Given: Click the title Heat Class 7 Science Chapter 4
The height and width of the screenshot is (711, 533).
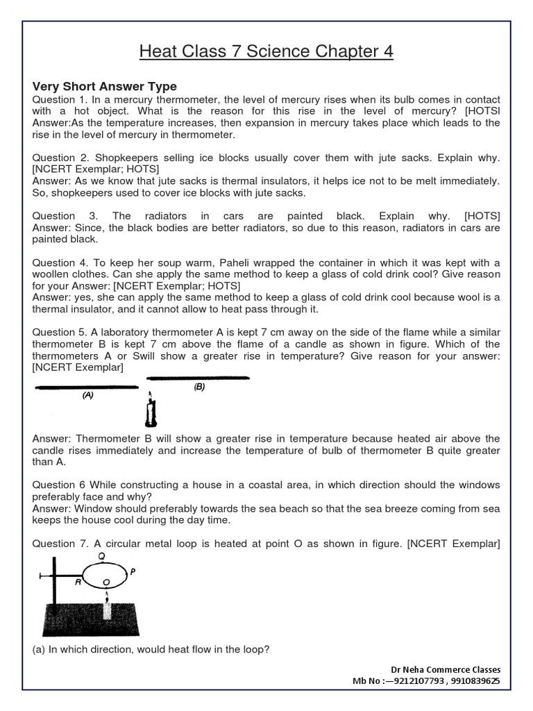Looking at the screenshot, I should (x=266, y=51).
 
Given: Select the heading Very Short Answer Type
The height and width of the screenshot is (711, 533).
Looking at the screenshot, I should (x=105, y=87).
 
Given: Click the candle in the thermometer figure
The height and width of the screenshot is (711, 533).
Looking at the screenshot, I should (x=150, y=412).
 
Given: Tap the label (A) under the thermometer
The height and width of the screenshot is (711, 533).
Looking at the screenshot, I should (x=87, y=395).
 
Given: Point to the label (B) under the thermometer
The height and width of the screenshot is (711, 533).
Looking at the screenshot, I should (x=199, y=387).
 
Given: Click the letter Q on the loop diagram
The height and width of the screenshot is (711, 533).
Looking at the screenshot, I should (x=102, y=555).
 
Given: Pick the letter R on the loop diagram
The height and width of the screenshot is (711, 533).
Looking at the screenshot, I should (x=78, y=584).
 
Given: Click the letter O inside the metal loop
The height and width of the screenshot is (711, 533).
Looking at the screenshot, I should (x=105, y=580).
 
